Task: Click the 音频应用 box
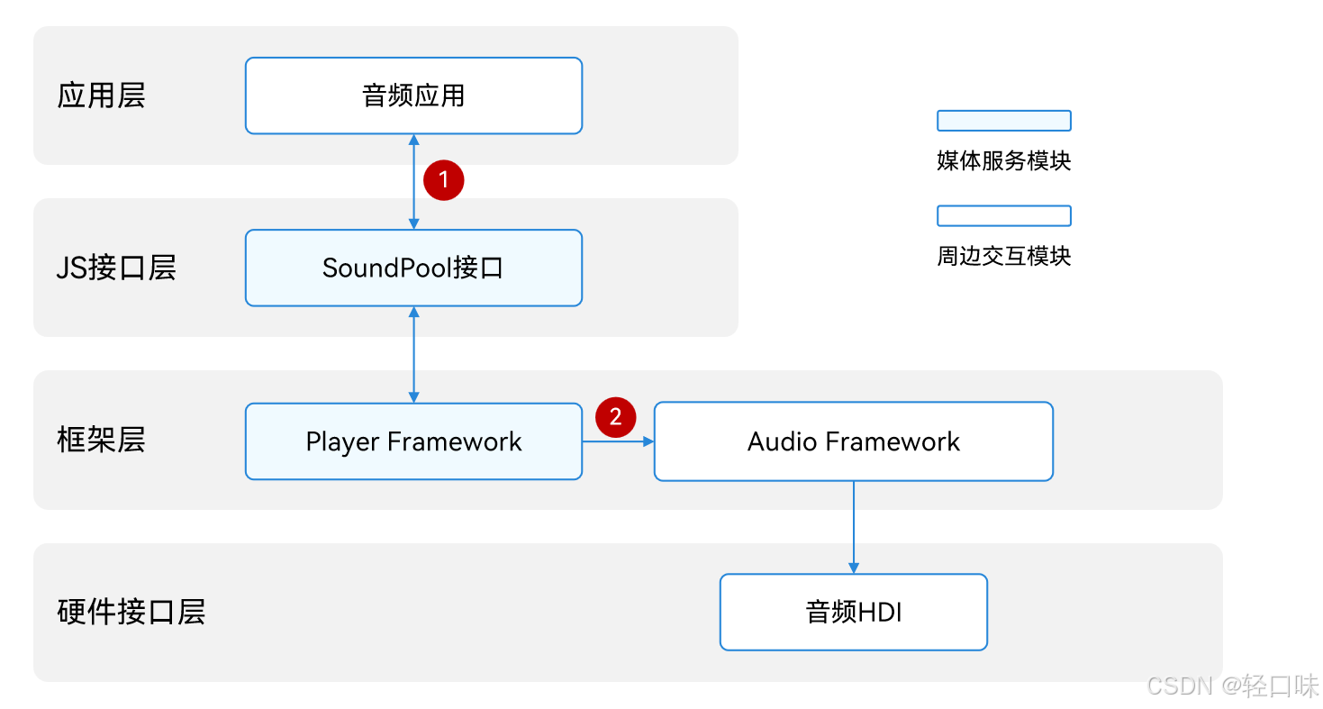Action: pyautogui.click(x=413, y=95)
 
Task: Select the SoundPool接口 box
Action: pyautogui.click(x=413, y=268)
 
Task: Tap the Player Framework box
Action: pyautogui.click(x=413, y=441)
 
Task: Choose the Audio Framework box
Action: pyautogui.click(x=853, y=441)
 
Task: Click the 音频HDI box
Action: pyautogui.click(x=853, y=613)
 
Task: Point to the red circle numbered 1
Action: pyautogui.click(x=443, y=180)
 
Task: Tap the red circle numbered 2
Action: pyautogui.click(x=616, y=418)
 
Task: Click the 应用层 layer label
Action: pyautogui.click(x=101, y=95)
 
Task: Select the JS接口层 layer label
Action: pyautogui.click(x=116, y=268)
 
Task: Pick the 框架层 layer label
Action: pyautogui.click(x=101, y=441)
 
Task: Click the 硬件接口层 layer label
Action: pyautogui.click(x=131, y=612)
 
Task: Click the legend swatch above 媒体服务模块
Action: pyautogui.click(x=1003, y=121)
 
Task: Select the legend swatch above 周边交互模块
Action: pyautogui.click(x=1003, y=216)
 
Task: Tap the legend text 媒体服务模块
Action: pyautogui.click(x=1003, y=161)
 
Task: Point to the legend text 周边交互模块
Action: pyautogui.click(x=1003, y=257)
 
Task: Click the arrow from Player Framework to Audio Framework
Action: pyautogui.click(x=618, y=441)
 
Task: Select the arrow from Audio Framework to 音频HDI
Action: pyautogui.click(x=853, y=527)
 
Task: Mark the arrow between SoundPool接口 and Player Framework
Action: pyautogui.click(x=413, y=354)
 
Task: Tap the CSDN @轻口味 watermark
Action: pyautogui.click(x=1232, y=686)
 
